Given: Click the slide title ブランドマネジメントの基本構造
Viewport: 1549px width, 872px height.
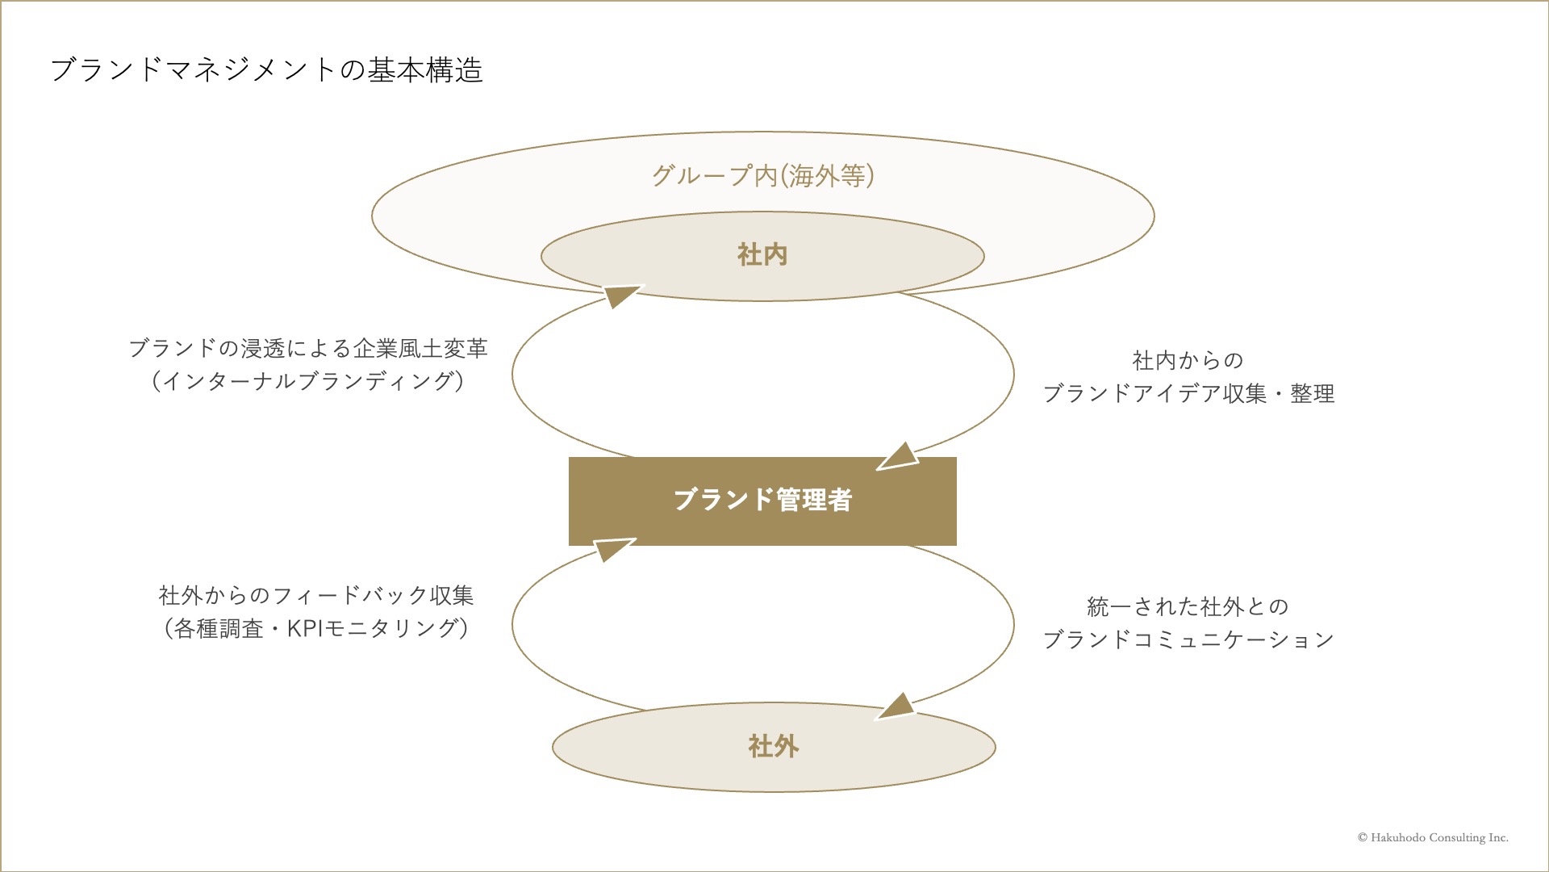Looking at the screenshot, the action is pos(267,70).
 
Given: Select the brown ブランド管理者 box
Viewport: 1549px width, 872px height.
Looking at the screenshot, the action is pos(762,501).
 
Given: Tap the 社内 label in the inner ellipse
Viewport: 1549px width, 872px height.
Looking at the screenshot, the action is pos(762,255).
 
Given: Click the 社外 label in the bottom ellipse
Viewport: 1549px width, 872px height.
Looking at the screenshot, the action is pos(774,746).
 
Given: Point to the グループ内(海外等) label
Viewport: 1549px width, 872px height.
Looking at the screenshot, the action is pos(763,176).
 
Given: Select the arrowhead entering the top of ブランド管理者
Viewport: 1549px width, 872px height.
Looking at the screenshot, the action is pos(898,457).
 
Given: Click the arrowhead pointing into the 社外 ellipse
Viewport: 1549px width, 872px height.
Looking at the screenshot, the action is pos(896,706).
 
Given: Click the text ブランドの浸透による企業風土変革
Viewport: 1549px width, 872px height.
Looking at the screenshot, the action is pos(308,349).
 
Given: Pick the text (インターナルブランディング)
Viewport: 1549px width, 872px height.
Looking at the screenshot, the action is pos(308,381).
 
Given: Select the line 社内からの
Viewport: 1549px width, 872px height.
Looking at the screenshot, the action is pos(1188,360).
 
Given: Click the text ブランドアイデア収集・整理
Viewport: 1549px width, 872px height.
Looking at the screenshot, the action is pos(1188,393).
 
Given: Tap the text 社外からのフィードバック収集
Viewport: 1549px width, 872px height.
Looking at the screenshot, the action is pos(316,596).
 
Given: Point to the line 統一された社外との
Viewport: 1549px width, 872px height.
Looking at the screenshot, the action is pos(1188,606).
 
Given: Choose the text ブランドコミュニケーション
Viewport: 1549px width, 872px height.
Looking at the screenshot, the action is pos(1188,639).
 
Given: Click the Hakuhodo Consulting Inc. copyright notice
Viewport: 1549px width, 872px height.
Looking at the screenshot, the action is pos(1433,838).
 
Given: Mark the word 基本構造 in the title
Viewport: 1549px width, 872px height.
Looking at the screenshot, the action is pos(426,70).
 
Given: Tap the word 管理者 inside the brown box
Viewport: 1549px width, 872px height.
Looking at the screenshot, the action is pos(815,501).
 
